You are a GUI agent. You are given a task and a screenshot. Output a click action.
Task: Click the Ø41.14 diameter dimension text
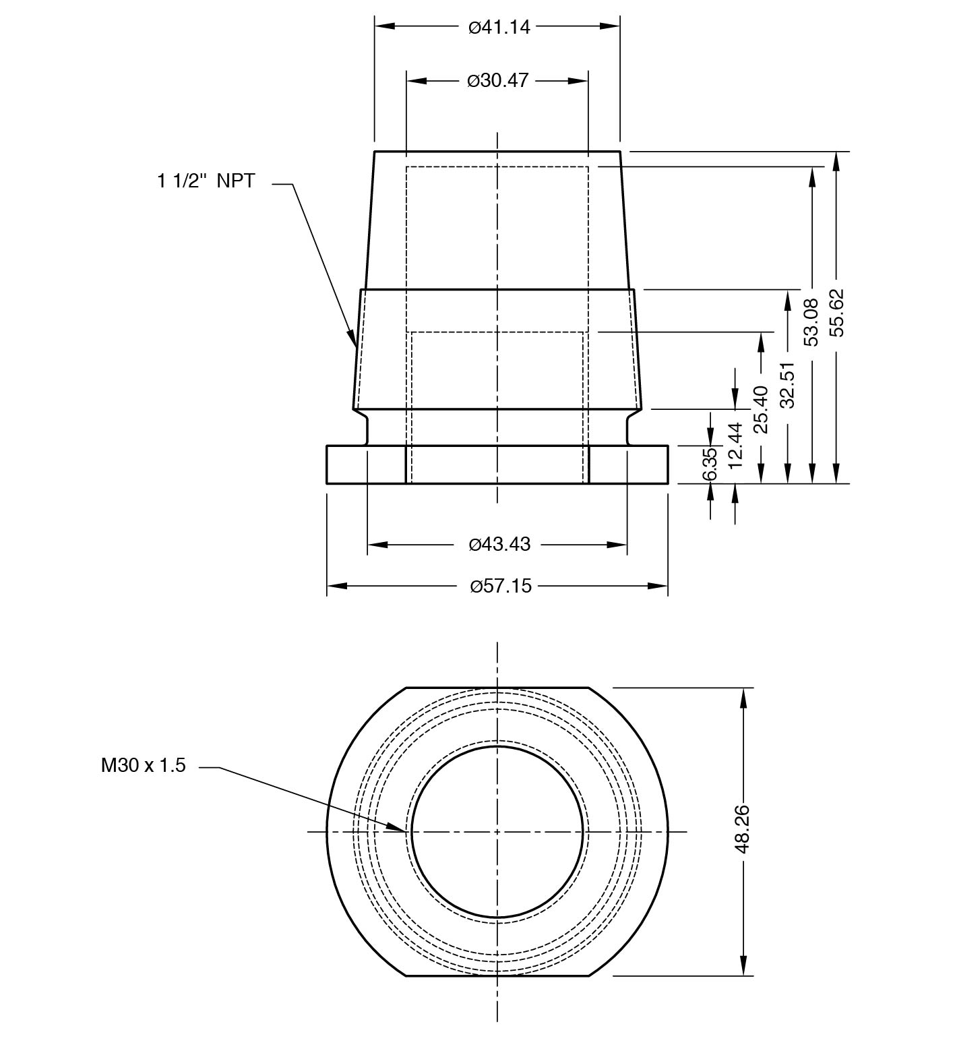click(x=499, y=27)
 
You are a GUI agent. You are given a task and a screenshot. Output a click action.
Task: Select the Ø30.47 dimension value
click(x=498, y=81)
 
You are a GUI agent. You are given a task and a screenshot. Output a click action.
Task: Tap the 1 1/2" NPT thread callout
click(x=206, y=181)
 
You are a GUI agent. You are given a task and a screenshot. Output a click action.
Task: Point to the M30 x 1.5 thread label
click(x=143, y=765)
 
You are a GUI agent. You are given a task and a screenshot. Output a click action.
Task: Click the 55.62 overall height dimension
click(x=836, y=312)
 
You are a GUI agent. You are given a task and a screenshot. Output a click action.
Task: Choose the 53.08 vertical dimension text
click(x=811, y=322)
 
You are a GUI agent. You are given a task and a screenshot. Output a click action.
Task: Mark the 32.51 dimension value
click(x=787, y=385)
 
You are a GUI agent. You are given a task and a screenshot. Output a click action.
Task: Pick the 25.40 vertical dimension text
click(x=761, y=409)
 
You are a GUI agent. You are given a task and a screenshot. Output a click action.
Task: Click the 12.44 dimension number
click(x=735, y=445)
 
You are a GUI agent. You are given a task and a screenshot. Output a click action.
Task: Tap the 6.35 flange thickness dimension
click(x=710, y=464)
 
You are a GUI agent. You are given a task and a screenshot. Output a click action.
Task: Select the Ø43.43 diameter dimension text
click(x=499, y=544)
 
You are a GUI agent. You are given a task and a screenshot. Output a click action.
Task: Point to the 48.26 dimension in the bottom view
click(x=743, y=829)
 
